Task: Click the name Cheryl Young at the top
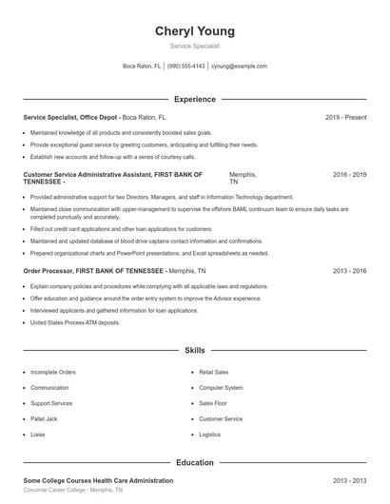194,31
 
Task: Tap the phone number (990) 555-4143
186,67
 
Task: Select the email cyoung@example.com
239,67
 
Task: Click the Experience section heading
194,99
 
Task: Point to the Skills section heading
194,351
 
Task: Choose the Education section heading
194,462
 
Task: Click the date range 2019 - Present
345,117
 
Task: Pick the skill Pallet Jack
46,418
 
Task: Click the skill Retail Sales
214,373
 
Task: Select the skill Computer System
221,388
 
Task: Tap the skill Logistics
209,434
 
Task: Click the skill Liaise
39,434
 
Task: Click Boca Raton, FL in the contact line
143,67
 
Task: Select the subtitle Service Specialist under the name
194,46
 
